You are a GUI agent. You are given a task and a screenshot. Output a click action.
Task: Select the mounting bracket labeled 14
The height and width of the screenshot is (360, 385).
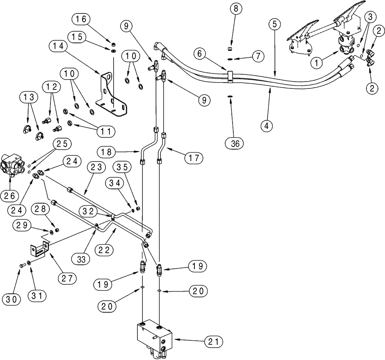(110, 94)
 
